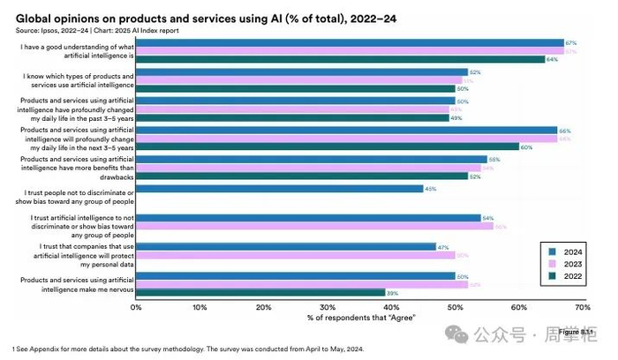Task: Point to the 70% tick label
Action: [582, 307]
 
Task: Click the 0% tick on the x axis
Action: [136, 307]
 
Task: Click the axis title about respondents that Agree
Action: [360, 318]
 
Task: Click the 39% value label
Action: [391, 292]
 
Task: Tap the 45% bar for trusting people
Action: [279, 189]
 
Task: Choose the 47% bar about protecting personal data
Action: [285, 247]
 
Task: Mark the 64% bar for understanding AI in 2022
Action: [339, 60]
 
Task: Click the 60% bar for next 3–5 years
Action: [327, 146]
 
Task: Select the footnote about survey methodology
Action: [187, 349]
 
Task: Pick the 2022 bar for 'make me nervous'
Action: [260, 292]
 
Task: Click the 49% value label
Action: [456, 117]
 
